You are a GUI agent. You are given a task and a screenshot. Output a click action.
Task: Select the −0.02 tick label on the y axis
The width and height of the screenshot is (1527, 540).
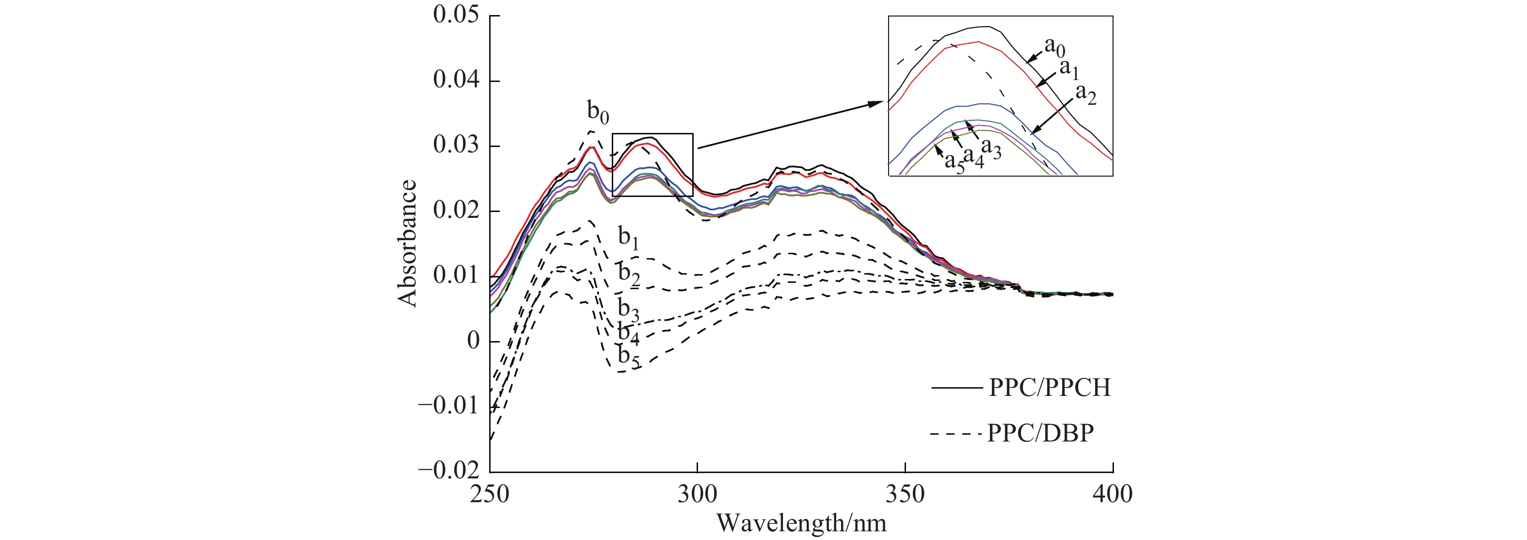pos(449,471)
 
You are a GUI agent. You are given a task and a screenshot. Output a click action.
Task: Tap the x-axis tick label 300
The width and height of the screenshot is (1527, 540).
pos(698,494)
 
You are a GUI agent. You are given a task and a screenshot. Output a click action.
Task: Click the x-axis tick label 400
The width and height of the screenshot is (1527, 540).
pos(1113,494)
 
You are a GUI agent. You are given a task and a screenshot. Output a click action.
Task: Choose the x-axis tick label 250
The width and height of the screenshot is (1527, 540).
pos(490,494)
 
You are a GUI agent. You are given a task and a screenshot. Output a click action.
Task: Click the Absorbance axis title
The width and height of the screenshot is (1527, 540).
pos(408,243)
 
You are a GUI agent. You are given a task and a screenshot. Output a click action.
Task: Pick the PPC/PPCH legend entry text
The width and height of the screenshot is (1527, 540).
pos(1049,388)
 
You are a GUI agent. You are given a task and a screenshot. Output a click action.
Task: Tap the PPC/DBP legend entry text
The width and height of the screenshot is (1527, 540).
pos(1040,434)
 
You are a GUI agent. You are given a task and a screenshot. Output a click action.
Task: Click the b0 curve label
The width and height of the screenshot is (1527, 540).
pos(598,112)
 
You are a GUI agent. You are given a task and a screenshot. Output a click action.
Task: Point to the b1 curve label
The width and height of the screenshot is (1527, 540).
pos(628,237)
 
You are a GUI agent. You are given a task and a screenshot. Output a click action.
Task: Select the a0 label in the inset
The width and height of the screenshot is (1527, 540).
pos(1054,46)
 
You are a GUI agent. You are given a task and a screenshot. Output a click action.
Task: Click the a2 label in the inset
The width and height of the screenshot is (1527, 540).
pos(1085,94)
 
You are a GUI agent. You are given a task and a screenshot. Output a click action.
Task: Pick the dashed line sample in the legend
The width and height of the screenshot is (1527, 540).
pos(955,434)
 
